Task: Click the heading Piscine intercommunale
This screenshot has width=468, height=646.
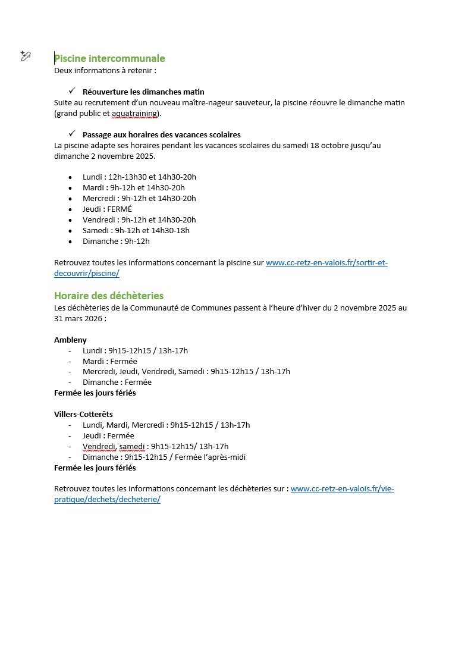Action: click(109, 58)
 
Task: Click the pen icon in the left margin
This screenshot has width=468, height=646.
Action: click(25, 57)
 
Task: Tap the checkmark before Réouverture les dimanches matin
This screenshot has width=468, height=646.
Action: click(72, 91)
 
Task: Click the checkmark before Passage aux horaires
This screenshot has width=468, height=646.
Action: click(72, 134)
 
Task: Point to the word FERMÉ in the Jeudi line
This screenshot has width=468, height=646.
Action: click(120, 209)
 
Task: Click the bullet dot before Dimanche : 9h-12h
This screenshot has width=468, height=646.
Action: click(70, 242)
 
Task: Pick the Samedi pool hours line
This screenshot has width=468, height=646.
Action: click(136, 231)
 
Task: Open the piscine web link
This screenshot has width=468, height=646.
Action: click(326, 262)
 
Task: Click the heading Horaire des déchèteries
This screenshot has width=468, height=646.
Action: click(109, 296)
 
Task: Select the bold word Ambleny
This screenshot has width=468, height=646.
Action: click(70, 340)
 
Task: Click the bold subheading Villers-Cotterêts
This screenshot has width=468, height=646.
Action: click(83, 414)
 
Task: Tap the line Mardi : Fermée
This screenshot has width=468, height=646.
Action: click(109, 361)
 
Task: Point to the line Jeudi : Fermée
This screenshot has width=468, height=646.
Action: click(108, 436)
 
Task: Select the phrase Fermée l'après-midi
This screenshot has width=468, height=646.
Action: click(208, 457)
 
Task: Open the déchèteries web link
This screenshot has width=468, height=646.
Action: click(342, 489)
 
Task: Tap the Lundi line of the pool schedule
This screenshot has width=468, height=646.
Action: click(139, 177)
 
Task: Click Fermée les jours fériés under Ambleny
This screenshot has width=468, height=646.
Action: click(95, 393)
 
